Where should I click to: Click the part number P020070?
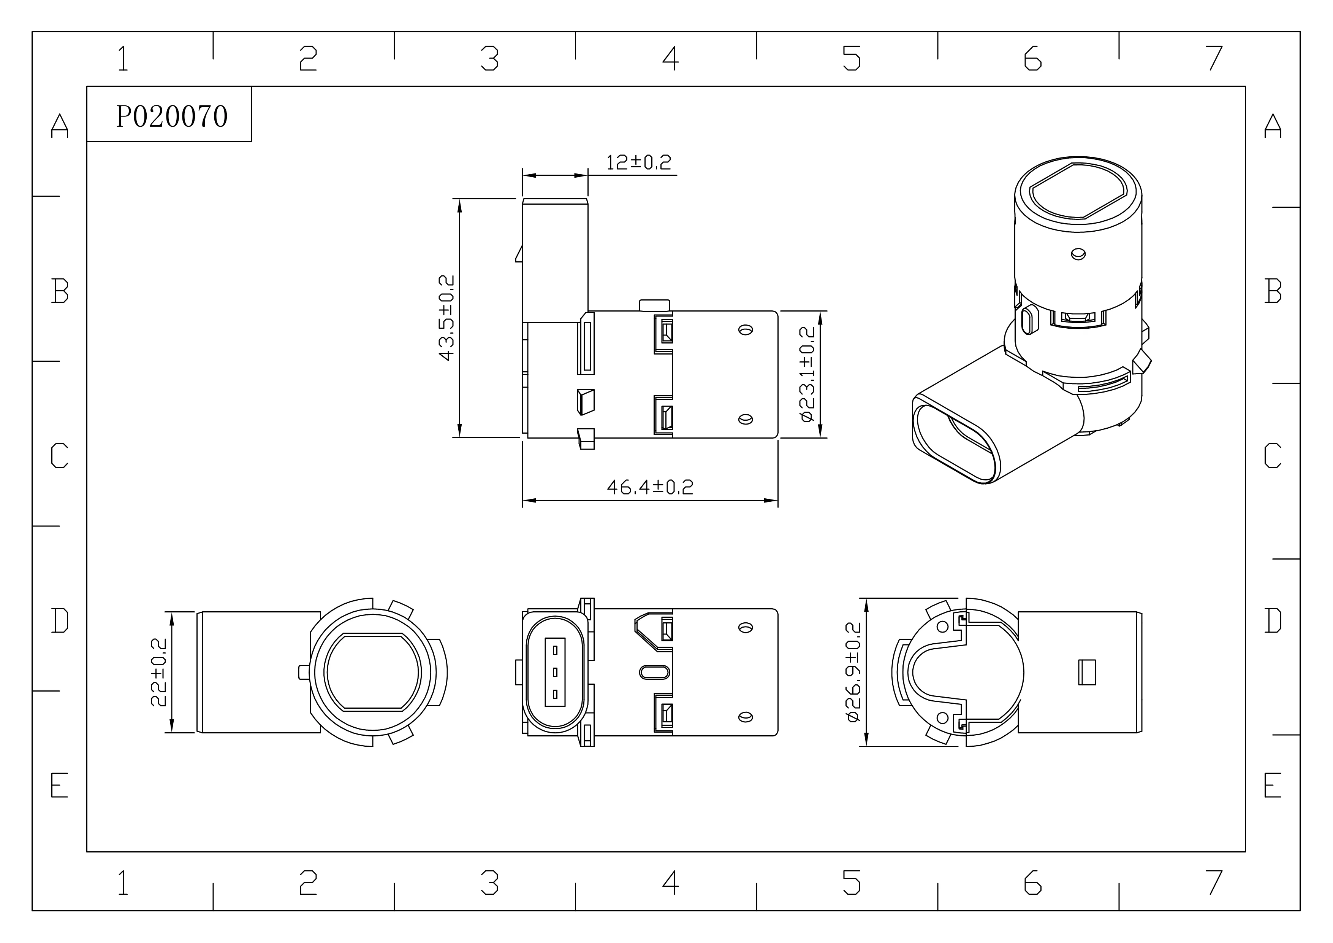pos(172,116)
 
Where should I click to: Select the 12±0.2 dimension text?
pos(639,162)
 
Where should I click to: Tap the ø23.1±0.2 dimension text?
pos(807,374)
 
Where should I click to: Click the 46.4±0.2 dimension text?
pos(650,487)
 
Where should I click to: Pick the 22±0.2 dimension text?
pos(158,672)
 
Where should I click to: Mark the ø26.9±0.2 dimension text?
pos(853,672)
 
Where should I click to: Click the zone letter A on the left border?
pos(60,126)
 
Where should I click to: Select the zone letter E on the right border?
pos(1273,785)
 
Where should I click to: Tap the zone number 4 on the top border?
pos(671,58)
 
